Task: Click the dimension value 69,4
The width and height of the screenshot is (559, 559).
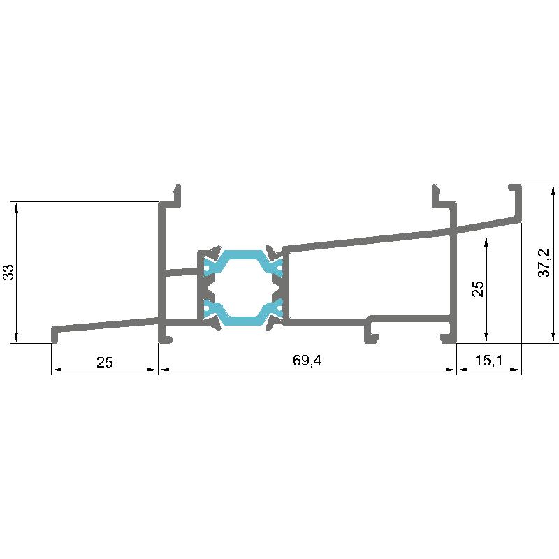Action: pos(307,361)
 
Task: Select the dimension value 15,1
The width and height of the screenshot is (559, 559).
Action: pos(488,361)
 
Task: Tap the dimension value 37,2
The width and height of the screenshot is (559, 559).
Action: pos(544,263)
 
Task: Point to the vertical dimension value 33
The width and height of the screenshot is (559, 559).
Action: pos(8,273)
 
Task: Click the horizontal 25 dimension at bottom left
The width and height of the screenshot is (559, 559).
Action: pos(104,362)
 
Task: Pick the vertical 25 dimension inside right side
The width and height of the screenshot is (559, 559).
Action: pos(478,289)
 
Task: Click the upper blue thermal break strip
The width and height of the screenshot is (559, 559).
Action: pos(243,263)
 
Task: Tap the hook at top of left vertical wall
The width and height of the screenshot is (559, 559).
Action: pos(177,196)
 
